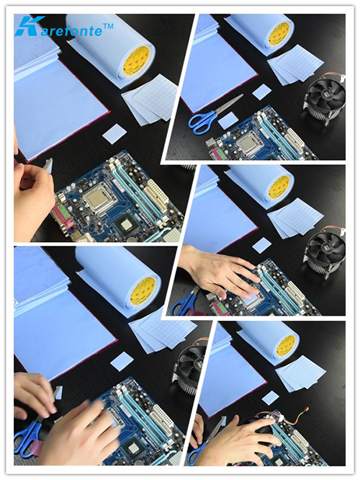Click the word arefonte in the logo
click(x=71, y=30)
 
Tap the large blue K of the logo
click(x=28, y=25)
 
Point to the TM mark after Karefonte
click(x=109, y=27)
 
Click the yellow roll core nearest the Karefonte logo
click(x=138, y=61)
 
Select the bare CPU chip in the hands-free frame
click(x=248, y=142)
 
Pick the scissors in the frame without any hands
click(x=214, y=115)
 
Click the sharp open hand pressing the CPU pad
click(x=221, y=272)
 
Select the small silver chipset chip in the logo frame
click(x=126, y=225)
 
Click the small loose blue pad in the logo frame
click(x=114, y=134)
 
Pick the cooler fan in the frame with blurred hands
click(x=189, y=362)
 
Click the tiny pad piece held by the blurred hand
click(x=58, y=392)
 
